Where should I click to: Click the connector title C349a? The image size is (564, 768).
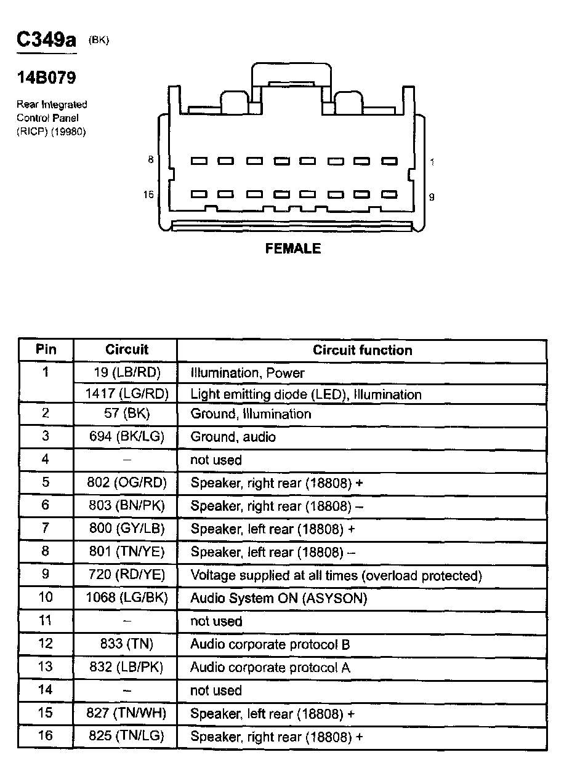coord(46,40)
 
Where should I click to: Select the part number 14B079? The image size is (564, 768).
coord(46,79)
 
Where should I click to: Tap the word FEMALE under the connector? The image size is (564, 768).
coord(292,249)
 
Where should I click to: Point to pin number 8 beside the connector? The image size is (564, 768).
coord(150,160)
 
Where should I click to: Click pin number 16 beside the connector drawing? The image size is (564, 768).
coord(148,195)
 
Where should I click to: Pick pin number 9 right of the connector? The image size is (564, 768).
coord(432,197)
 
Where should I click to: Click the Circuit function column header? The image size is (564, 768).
coord(362,350)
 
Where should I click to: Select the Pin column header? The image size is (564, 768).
coord(46,350)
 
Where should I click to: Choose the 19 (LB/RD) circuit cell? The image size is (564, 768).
coord(126,373)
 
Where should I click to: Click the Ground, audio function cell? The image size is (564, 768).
coord(233,437)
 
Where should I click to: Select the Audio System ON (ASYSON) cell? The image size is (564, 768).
coord(279,598)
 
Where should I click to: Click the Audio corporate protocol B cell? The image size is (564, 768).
coord(270,644)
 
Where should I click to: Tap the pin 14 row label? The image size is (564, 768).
coord(46,690)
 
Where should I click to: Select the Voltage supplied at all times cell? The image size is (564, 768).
coord(336,575)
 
